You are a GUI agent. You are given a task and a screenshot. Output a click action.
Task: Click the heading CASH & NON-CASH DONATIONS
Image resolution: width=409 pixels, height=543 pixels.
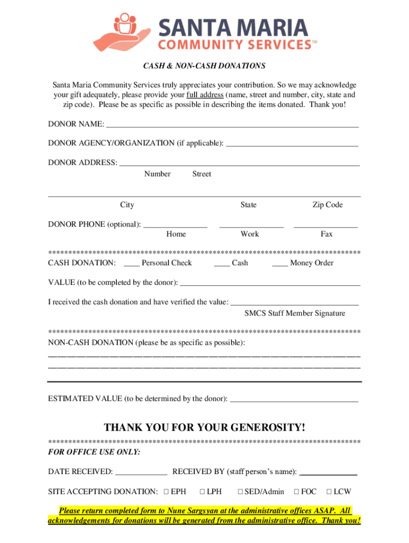click(x=204, y=66)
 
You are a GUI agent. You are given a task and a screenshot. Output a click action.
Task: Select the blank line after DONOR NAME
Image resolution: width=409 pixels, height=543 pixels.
click(x=232, y=126)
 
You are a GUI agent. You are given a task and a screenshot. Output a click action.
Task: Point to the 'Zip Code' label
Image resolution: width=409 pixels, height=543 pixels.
click(x=327, y=205)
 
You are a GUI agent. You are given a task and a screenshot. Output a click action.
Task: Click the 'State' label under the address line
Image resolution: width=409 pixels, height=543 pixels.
click(x=248, y=205)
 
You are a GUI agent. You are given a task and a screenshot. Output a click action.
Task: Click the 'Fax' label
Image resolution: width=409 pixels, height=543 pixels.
click(x=326, y=234)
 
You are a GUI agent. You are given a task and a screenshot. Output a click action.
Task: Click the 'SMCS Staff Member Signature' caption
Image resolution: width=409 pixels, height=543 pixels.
click(x=295, y=313)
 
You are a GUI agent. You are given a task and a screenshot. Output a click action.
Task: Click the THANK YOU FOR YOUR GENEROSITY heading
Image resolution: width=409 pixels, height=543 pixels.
click(x=204, y=427)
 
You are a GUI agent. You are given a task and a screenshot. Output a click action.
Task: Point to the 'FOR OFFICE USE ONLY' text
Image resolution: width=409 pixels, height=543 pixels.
click(x=95, y=452)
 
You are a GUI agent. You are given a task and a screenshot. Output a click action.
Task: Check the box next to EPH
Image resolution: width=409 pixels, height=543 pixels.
click(x=166, y=492)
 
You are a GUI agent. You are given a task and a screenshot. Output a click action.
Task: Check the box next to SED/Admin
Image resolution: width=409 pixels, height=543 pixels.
click(x=240, y=492)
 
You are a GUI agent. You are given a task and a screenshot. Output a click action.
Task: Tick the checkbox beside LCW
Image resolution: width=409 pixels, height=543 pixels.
click(x=329, y=492)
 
